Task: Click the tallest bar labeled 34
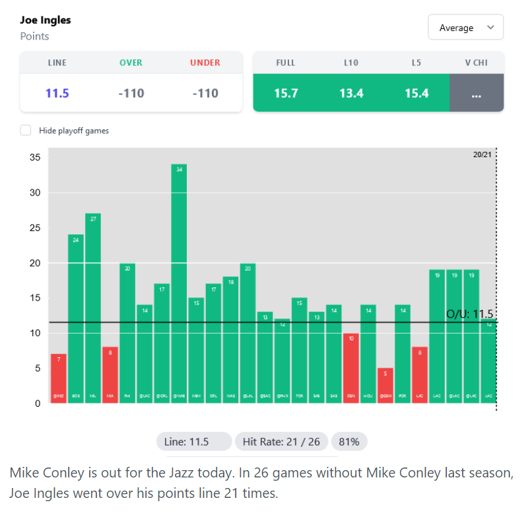[179, 284]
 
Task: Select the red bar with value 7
[59, 378]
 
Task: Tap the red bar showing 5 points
[385, 385]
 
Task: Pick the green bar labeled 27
[93, 308]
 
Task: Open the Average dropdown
[465, 28]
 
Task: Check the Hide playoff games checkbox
[26, 131]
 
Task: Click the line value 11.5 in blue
[57, 93]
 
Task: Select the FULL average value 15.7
[286, 93]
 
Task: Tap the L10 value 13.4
[351, 93]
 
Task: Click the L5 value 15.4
[417, 93]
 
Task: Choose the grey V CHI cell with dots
[477, 93]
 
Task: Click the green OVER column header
[131, 63]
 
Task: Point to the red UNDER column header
[205, 63]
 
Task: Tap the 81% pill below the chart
[349, 442]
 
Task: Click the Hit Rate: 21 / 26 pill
[281, 442]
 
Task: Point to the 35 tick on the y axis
[36, 158]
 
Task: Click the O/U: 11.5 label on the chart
[469, 314]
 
